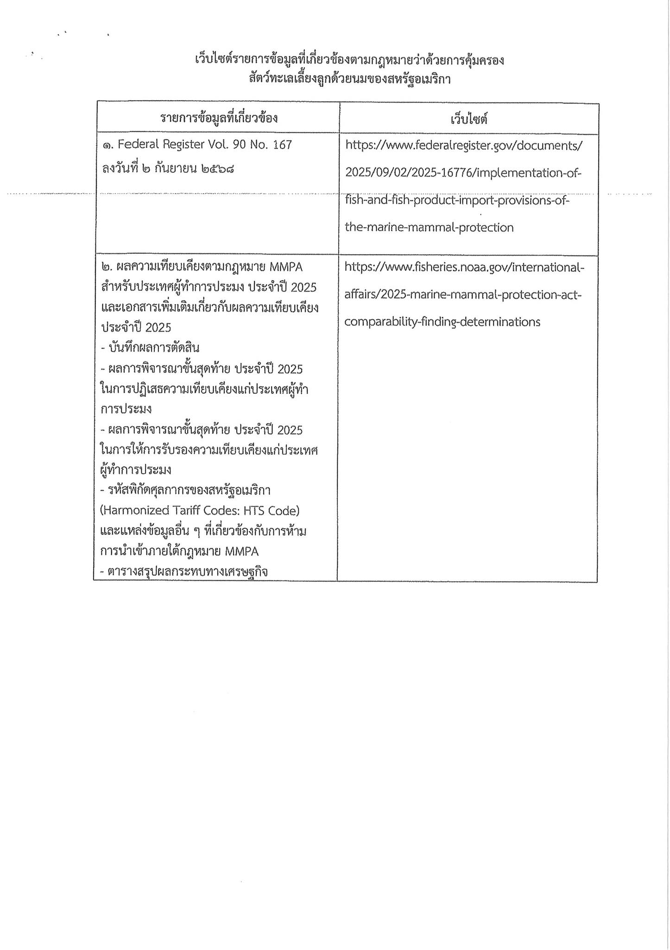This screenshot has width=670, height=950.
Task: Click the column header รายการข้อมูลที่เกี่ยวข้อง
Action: click(x=219, y=118)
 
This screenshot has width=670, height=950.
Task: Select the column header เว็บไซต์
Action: click(x=469, y=119)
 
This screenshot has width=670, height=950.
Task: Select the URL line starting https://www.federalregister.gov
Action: click(x=464, y=146)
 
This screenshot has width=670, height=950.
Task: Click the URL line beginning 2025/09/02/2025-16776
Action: click(x=463, y=173)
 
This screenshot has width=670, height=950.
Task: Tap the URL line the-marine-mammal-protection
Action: click(x=429, y=228)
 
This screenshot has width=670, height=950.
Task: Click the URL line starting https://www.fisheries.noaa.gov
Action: click(x=464, y=268)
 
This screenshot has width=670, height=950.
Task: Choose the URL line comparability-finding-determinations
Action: click(x=442, y=322)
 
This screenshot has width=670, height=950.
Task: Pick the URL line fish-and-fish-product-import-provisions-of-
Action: click(x=457, y=201)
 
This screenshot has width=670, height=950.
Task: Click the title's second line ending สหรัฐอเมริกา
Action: click(x=349, y=79)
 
